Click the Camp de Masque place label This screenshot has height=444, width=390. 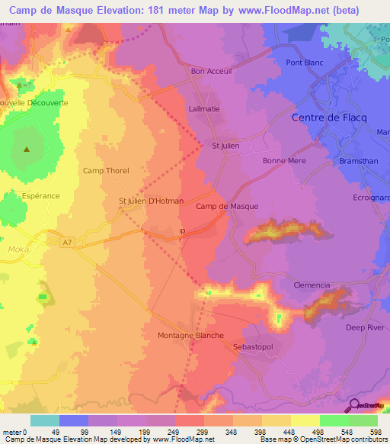pos(227,207)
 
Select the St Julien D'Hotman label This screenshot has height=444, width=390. pos(151,201)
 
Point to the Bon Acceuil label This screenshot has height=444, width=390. pos(210,72)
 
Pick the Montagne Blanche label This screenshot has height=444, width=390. pos(190,336)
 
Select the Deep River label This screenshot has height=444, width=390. pos(366,328)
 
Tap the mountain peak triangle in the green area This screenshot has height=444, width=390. pos(27,150)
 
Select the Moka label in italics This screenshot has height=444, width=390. pos(16,249)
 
